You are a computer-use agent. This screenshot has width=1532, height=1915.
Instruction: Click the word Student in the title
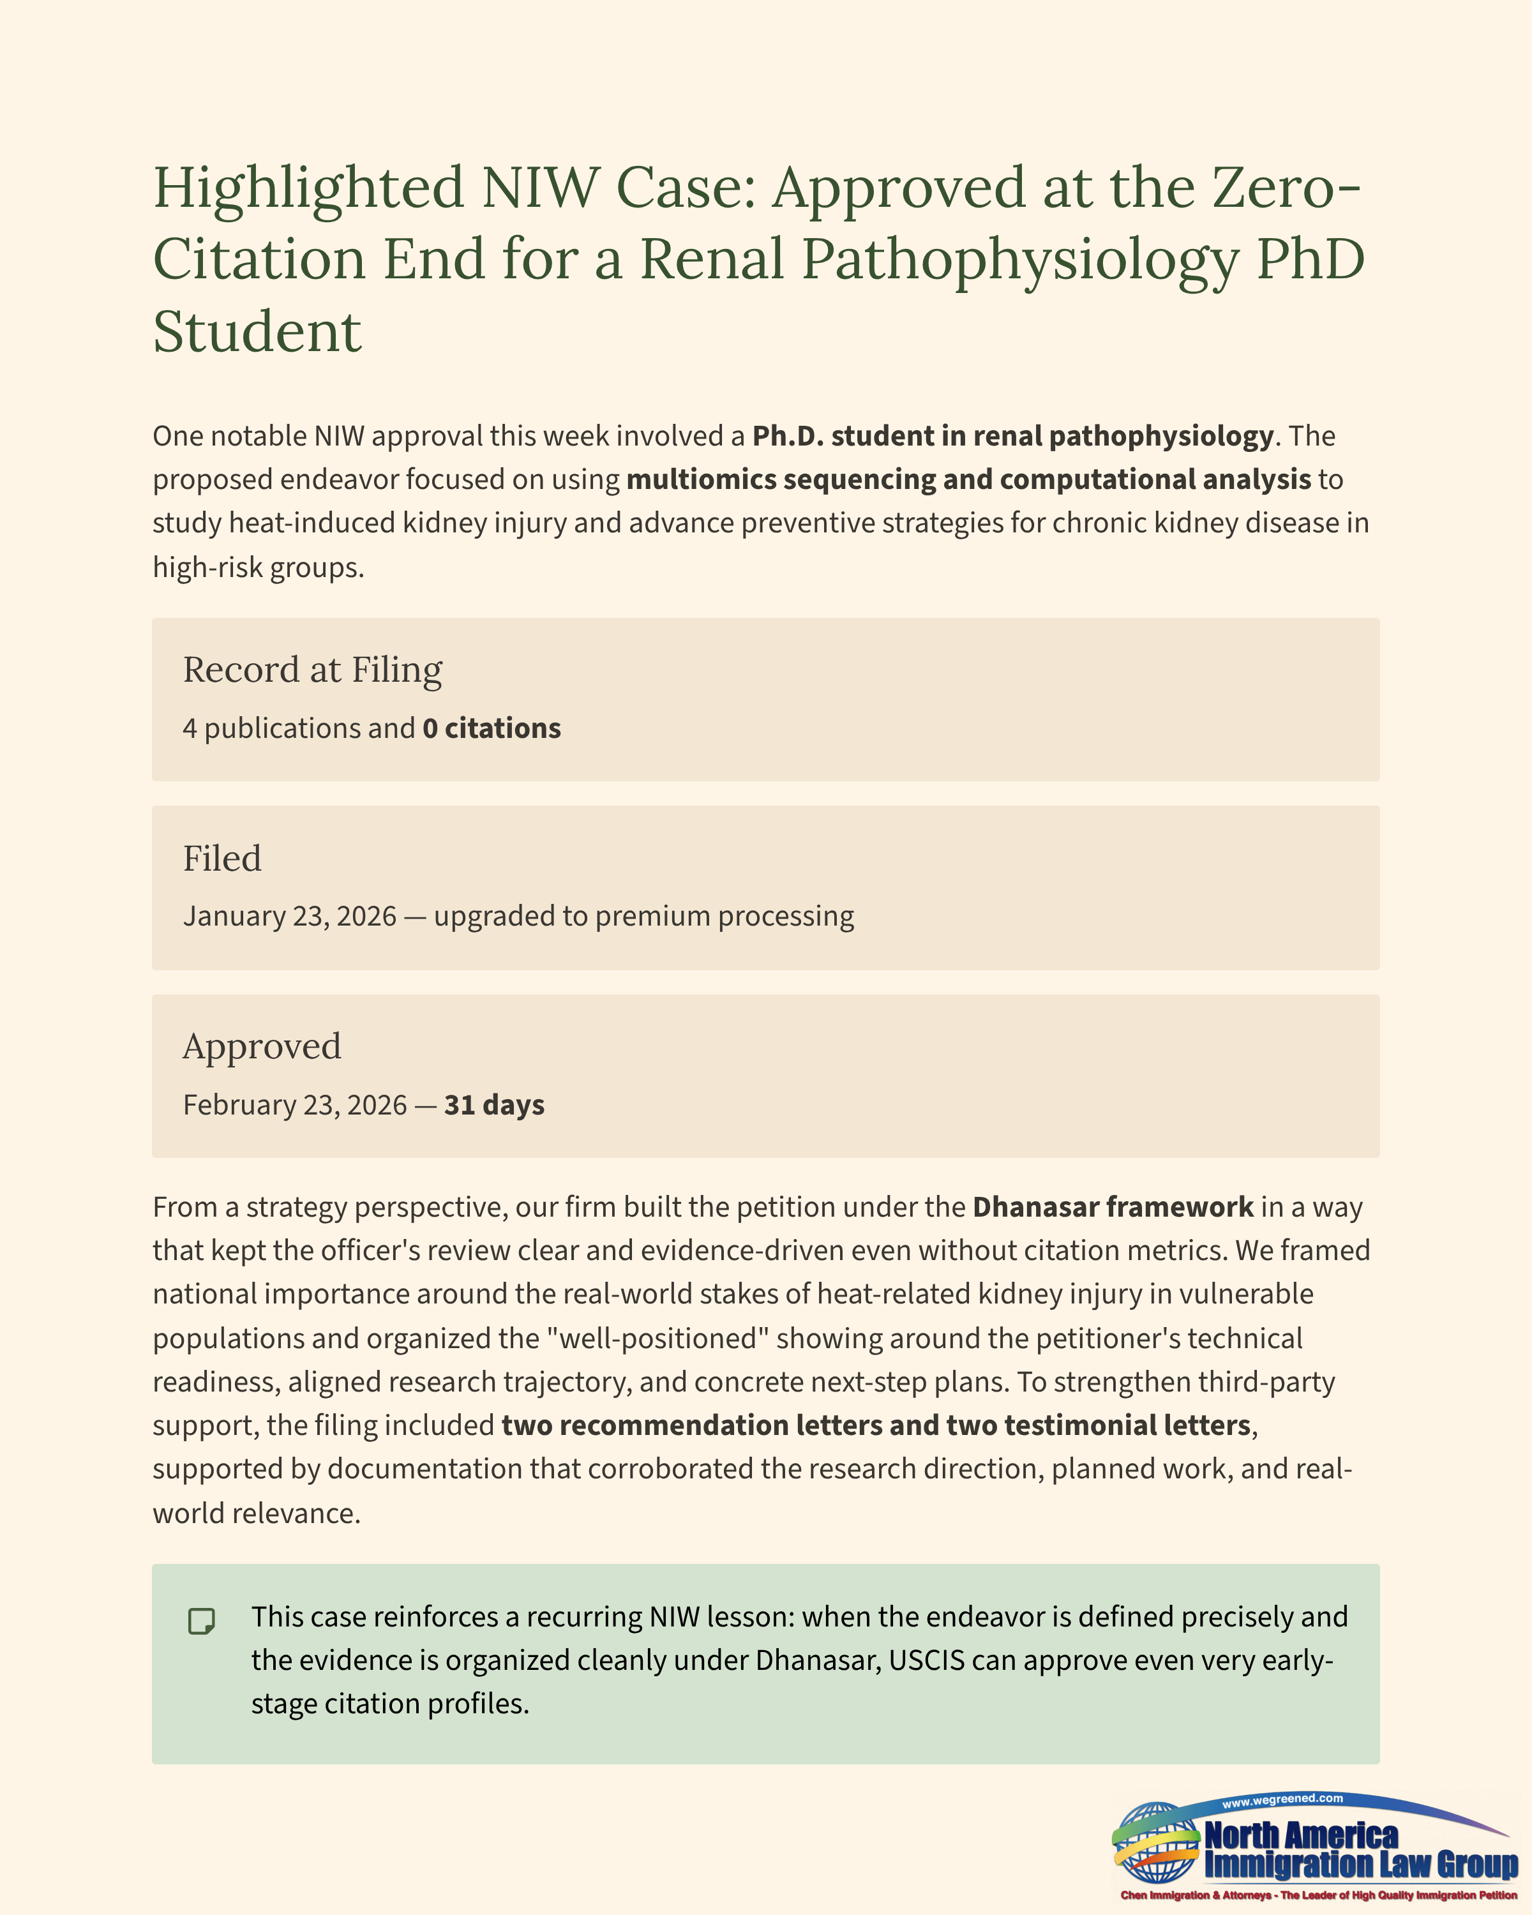(257, 332)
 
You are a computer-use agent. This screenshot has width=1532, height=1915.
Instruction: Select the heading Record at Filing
(313, 670)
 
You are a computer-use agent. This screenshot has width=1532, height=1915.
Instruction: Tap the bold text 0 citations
(491, 728)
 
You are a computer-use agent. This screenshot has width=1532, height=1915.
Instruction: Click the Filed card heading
(222, 858)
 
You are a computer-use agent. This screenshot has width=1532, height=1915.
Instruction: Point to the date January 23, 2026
(290, 916)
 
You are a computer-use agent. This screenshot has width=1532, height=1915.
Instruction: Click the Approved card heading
(262, 1046)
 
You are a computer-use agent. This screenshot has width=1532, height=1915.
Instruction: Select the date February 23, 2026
(295, 1105)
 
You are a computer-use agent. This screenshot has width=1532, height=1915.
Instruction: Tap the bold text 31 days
(494, 1105)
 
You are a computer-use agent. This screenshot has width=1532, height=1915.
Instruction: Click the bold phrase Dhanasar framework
(1113, 1207)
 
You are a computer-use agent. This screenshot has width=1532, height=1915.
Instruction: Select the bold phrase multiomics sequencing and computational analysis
(968, 479)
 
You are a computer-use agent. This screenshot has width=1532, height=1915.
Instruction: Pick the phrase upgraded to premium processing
(644, 916)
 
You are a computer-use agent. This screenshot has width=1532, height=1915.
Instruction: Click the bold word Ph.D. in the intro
(788, 436)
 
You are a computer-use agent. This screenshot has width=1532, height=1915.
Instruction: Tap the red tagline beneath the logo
(1318, 1895)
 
